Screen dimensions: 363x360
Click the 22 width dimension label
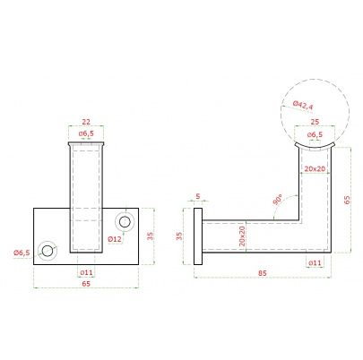86,122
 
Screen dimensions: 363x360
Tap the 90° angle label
277,199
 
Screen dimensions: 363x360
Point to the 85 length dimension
263,273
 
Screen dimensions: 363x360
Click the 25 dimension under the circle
315,122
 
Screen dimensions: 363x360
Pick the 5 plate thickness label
198,196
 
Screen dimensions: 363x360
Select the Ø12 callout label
115,239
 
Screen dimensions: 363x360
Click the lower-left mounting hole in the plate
48,251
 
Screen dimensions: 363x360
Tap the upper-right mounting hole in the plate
125,222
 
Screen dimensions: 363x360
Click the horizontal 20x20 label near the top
315,168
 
